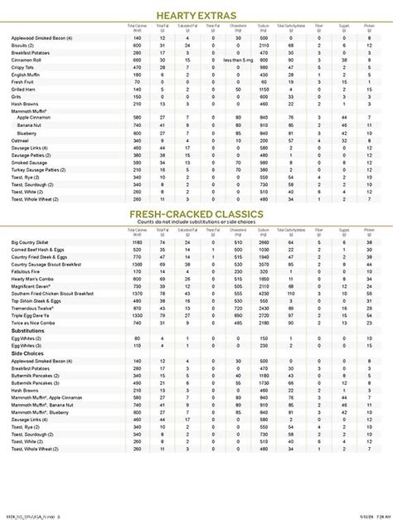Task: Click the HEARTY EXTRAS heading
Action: click(x=196, y=16)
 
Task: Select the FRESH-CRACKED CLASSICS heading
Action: click(x=196, y=216)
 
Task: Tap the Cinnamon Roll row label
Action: click(x=26, y=59)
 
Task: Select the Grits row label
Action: click(x=16, y=97)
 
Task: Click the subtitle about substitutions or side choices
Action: click(x=196, y=223)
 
